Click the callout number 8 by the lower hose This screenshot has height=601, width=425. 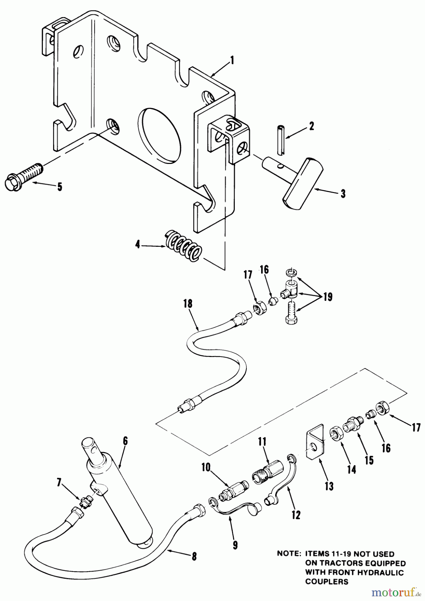click(194, 556)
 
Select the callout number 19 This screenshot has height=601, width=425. click(328, 297)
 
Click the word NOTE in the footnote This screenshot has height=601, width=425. click(288, 553)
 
